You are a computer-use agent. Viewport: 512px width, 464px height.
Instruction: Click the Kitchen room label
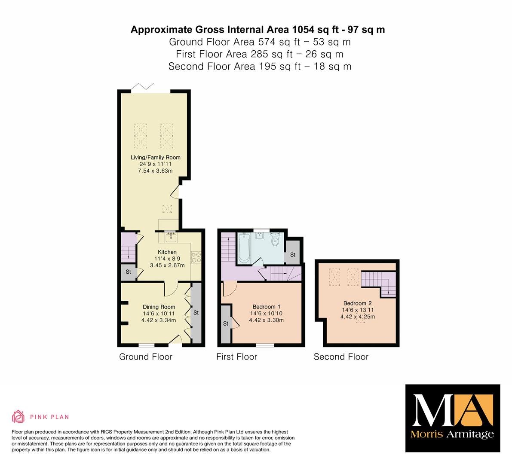pos(167,252)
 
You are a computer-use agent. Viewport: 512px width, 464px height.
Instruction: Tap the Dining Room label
pos(159,307)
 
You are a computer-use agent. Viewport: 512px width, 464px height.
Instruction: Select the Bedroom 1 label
pos(267,307)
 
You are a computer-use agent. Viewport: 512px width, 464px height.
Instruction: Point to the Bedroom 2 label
pos(358,303)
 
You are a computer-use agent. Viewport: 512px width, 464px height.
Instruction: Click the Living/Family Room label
pos(156,157)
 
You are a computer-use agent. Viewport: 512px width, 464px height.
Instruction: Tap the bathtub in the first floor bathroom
pos(244,247)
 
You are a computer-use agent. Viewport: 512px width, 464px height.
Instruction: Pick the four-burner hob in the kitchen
pos(196,257)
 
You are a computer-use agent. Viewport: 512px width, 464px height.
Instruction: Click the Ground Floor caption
pos(146,357)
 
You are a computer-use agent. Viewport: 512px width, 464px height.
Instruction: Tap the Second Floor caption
pos(341,357)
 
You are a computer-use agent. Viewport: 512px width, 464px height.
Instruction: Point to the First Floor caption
pos(237,357)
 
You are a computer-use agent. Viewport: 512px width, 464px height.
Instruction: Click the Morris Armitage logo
pos(453,418)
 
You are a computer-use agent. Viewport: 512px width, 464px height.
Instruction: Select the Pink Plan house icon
pos(18,416)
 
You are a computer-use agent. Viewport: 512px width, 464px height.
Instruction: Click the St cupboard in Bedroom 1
pos(226,324)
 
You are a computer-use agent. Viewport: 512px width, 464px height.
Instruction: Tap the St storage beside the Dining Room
pos(196,313)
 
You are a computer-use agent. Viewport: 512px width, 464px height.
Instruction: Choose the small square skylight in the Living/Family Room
pos(167,208)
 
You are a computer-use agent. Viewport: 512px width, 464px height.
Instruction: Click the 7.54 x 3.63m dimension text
pos(156,171)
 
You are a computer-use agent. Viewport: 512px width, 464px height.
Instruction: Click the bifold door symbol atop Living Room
pos(142,86)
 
